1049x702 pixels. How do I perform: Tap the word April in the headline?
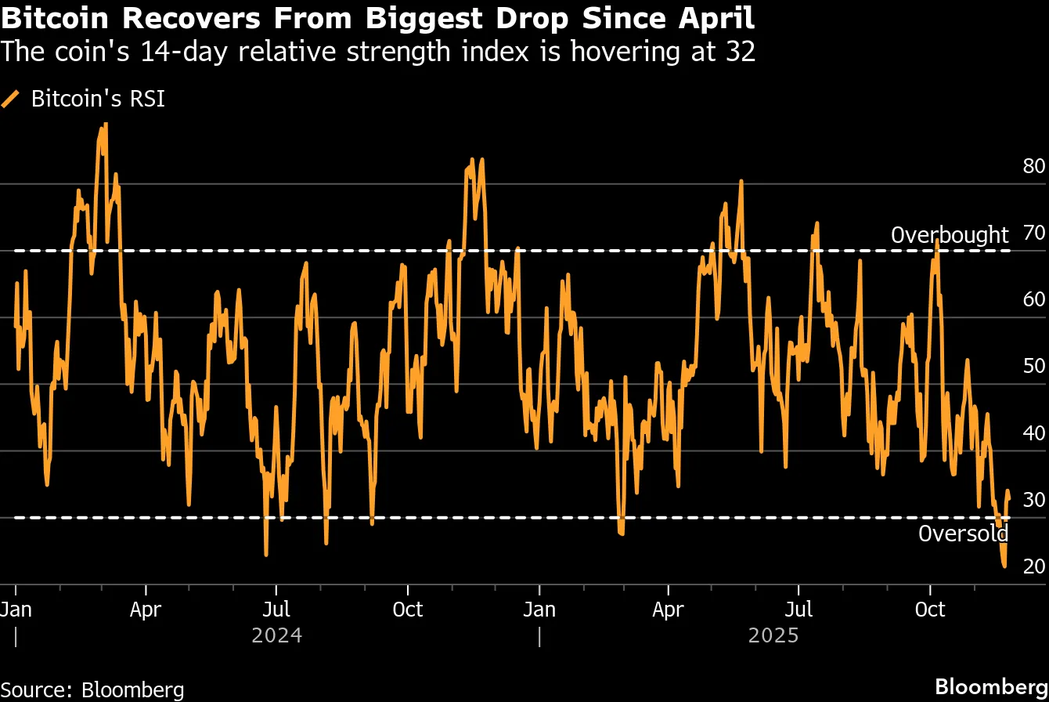tap(716, 18)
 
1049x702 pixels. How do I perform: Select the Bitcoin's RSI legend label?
tap(98, 99)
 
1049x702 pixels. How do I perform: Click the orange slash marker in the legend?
tap(11, 99)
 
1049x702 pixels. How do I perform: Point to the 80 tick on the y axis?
tap(1033, 166)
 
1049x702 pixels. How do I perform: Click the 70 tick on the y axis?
tap(1033, 233)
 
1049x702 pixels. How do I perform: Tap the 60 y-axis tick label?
tap(1033, 299)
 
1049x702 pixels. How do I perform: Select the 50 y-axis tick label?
tap(1033, 366)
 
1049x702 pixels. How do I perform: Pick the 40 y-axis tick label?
tap(1033, 432)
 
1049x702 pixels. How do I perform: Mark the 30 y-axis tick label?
tap(1033, 499)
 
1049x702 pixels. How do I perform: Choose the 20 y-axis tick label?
tap(1033, 566)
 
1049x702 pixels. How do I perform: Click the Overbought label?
tap(950, 235)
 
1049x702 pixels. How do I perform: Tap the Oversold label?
tap(963, 534)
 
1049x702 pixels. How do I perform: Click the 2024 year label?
tap(276, 635)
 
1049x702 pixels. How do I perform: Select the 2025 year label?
tap(773, 635)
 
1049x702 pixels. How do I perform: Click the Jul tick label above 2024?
tap(276, 609)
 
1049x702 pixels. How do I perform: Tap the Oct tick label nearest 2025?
tap(930, 609)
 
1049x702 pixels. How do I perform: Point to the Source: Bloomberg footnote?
tap(92, 689)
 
